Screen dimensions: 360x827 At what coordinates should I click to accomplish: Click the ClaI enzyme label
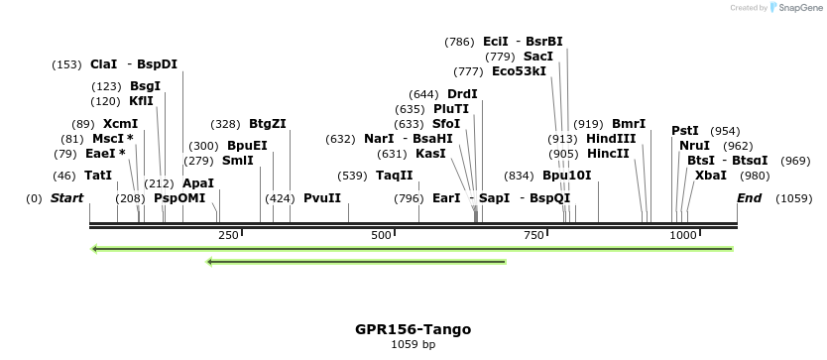pos(103,64)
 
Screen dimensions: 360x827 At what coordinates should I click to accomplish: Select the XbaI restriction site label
pos(711,176)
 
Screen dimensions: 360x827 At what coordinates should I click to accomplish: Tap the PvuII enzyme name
pos(322,198)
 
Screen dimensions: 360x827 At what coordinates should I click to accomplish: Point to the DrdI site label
pos(462,94)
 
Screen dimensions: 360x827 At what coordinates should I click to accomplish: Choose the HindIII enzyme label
pos(611,139)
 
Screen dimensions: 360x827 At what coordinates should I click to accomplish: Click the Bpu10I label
pos(566,176)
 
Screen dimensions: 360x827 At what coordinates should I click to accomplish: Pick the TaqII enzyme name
pos(395,176)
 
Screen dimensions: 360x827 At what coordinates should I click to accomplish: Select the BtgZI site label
pos(268,124)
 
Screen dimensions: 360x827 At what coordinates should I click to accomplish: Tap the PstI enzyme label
pos(685,131)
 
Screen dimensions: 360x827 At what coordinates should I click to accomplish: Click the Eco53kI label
pos(519,71)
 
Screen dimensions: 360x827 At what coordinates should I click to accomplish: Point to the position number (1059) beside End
pos(794,198)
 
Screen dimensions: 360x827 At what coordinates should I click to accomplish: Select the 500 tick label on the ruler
pos(382,235)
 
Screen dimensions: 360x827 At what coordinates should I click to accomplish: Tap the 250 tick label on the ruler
pos(228,235)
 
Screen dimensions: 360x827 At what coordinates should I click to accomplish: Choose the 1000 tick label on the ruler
pos(683,235)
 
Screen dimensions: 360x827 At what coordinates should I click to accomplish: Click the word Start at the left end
pos(66,198)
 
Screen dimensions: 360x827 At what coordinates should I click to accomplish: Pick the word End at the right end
pos(750,198)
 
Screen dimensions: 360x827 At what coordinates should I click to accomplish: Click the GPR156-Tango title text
pos(413,329)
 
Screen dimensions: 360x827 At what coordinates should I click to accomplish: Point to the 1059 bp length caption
pos(413,345)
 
